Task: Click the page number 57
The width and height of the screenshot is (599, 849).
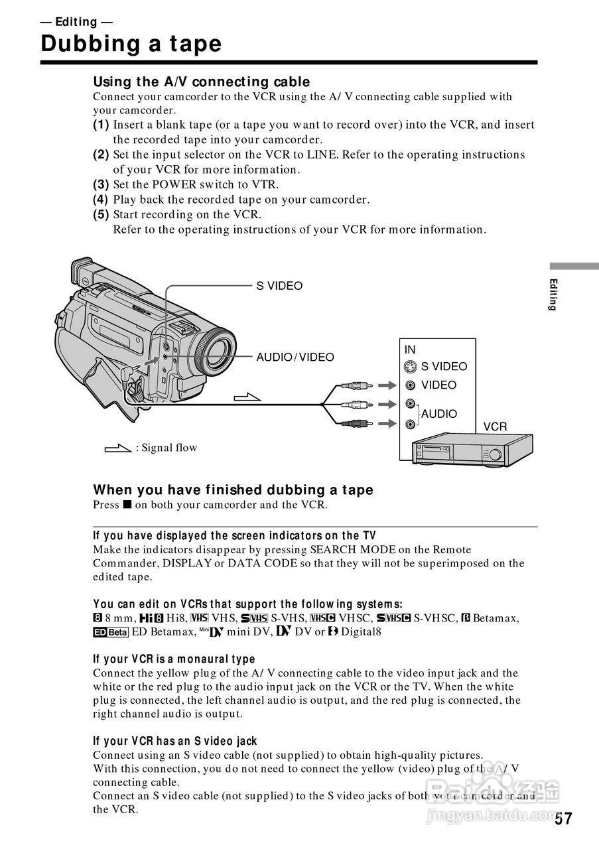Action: coord(563,819)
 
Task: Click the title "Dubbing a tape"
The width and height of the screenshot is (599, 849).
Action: coord(131,44)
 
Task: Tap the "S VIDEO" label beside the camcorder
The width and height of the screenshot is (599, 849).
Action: coord(279,286)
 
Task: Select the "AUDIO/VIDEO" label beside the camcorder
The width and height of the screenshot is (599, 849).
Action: coord(295,358)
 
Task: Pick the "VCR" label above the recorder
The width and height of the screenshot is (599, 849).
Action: coord(495,427)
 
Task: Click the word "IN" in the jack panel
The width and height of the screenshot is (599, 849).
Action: coord(410,350)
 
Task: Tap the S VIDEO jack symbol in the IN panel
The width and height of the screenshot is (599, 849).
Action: coord(411,366)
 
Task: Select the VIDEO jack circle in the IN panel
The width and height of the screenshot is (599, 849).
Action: coord(411,385)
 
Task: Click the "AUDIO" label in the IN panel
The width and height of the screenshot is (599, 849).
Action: coord(439,414)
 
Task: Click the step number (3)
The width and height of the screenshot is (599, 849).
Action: coord(101,185)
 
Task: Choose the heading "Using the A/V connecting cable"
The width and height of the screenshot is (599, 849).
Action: coord(201,82)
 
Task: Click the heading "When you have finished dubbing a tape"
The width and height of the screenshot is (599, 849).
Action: coord(233,490)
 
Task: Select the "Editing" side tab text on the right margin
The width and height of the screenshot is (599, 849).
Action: coord(553,295)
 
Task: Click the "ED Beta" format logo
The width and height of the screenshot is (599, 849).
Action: coord(110,632)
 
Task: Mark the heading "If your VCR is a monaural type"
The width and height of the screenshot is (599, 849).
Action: coord(174,659)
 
